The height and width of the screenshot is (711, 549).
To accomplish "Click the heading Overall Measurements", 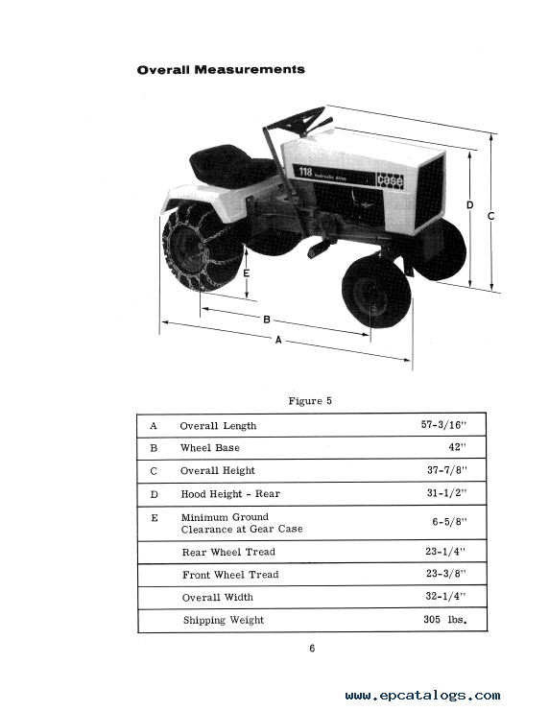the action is [221, 70].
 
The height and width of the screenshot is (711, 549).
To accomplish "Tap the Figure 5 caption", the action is [310, 401].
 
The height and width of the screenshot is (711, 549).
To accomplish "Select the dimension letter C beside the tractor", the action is [490, 216].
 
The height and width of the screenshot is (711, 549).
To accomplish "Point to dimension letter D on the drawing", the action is [470, 205].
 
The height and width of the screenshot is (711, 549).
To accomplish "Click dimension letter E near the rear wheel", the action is [247, 273].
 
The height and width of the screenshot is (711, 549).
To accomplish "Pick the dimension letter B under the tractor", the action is [267, 320].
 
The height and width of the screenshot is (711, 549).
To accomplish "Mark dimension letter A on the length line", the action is [278, 340].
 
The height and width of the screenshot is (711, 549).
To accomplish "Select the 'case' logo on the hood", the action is [390, 180].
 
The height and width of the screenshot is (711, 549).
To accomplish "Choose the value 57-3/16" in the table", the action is [443, 425].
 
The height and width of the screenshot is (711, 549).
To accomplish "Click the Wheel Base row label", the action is [210, 448].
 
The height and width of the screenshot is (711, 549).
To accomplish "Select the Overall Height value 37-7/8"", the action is [446, 470].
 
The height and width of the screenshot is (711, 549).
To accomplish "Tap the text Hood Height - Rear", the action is [230, 494].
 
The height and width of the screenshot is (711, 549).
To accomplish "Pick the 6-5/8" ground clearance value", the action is [449, 522].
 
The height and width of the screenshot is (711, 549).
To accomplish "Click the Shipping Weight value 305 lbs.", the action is [445, 620].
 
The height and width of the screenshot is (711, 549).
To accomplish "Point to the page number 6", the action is [312, 649].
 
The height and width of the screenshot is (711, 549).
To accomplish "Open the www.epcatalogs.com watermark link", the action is [423, 696].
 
